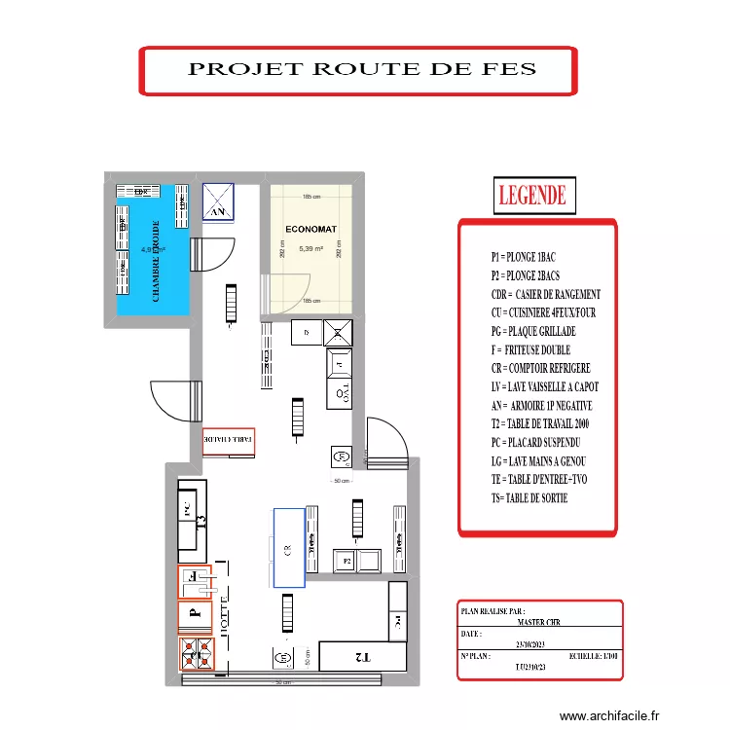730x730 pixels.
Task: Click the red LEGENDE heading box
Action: (532, 195)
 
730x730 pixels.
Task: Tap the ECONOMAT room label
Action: (311, 230)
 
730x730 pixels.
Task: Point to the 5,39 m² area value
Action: (311, 249)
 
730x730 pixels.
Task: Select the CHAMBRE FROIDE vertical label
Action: (156, 260)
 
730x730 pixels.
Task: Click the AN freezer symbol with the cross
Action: (219, 202)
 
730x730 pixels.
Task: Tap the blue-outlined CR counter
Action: (289, 548)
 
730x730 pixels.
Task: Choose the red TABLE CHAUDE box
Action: (229, 441)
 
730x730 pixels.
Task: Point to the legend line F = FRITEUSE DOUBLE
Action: (530, 349)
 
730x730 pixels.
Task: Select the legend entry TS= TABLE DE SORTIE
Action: (529, 498)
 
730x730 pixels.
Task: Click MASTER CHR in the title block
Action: (538, 622)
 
